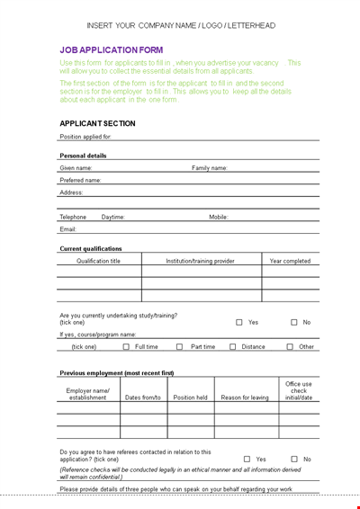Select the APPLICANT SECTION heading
(97, 123)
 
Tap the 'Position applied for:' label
(85, 137)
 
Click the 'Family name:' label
(210, 168)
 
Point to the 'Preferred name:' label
(80, 180)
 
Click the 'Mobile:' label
(219, 217)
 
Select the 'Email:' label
(68, 229)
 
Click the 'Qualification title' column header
(98, 261)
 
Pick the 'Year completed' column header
(290, 261)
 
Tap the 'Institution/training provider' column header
(200, 261)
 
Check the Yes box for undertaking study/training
(239, 322)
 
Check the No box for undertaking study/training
(293, 322)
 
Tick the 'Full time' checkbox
(126, 346)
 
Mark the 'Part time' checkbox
(180, 346)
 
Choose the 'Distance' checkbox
(233, 346)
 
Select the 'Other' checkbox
(290, 346)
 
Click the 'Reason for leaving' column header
(245, 397)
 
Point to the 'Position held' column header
(191, 397)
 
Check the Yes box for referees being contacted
(247, 459)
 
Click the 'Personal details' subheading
(83, 156)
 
